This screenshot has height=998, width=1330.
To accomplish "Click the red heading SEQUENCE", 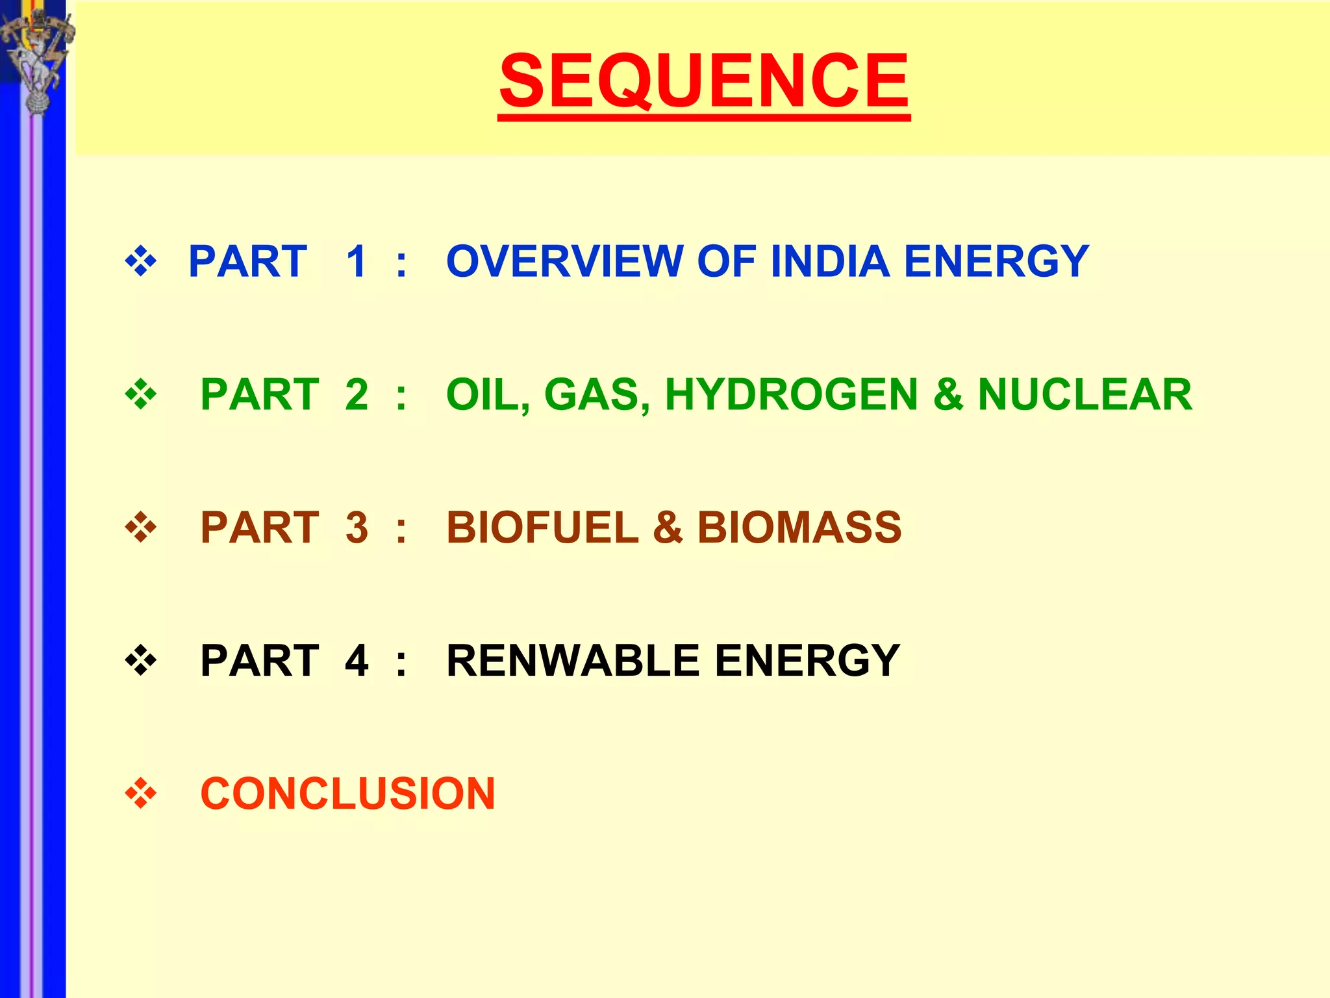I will (704, 81).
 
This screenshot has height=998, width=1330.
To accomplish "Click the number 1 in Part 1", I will (357, 262).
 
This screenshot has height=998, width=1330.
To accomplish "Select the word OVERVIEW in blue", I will (564, 262).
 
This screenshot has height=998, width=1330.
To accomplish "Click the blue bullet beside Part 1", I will (141, 262).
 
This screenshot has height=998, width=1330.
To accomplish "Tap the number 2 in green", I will (357, 394).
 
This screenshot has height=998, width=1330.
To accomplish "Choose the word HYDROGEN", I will (791, 394).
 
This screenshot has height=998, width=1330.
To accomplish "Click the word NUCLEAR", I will (1085, 394).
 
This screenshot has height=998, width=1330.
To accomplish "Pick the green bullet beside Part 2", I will (141, 394).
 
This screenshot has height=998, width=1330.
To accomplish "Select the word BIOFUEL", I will (542, 527).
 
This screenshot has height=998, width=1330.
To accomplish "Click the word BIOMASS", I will (799, 527).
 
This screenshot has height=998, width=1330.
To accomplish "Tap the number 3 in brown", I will (357, 527).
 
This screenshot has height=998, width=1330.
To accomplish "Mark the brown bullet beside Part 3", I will (141, 527).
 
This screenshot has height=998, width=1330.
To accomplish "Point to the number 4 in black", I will (357, 661).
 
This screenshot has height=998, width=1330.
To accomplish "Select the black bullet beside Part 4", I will (141, 661).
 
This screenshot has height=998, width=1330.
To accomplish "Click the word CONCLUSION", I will (347, 793).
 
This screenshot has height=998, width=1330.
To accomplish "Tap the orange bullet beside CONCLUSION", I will (141, 793).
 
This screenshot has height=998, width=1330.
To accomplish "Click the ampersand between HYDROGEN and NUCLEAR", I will (947, 394).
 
